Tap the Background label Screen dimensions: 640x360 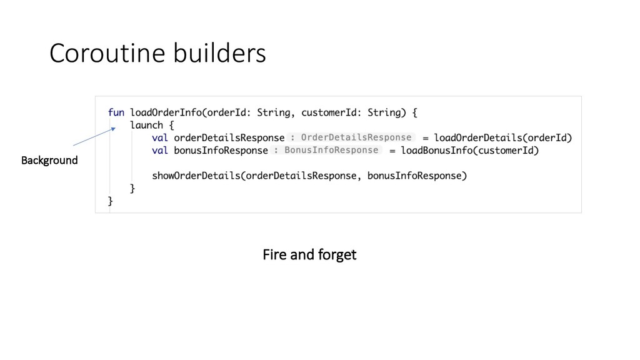[x=49, y=161]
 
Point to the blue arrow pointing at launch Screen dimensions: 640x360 [x=94, y=137]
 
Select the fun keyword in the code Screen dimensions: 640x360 [x=116, y=112]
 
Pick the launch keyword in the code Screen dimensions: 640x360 [x=146, y=125]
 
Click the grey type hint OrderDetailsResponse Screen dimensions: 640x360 [x=356, y=137]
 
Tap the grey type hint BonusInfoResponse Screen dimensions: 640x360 [x=331, y=150]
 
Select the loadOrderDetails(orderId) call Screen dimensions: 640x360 [x=502, y=137]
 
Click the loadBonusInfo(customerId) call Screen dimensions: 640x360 [x=469, y=151]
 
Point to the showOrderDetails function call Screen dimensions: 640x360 [x=196, y=176]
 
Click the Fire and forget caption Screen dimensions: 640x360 [x=309, y=255]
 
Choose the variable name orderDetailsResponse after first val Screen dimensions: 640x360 [x=229, y=138]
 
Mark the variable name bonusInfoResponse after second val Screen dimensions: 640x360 [x=221, y=151]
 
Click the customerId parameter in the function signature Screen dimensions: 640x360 [x=325, y=112]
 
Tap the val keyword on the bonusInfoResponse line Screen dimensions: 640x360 [x=160, y=151]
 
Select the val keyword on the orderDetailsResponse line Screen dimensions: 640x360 [x=160, y=138]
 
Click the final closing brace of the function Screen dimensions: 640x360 [x=111, y=201]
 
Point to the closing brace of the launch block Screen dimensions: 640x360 [x=132, y=188]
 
